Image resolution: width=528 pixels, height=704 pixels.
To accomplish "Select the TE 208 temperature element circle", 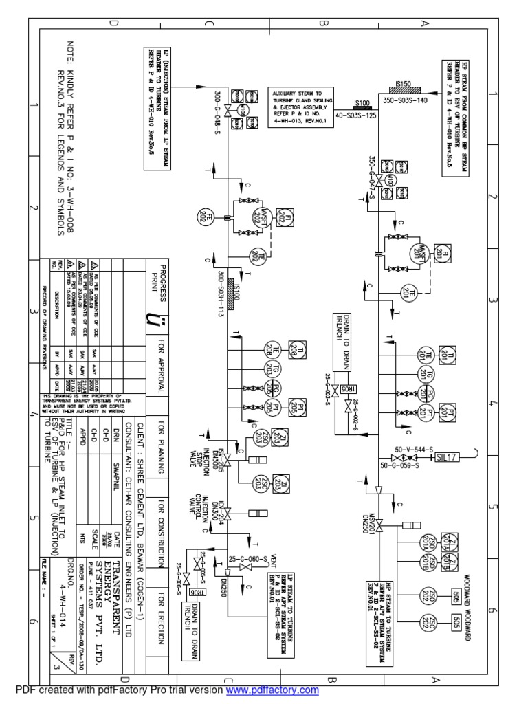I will [267, 351].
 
